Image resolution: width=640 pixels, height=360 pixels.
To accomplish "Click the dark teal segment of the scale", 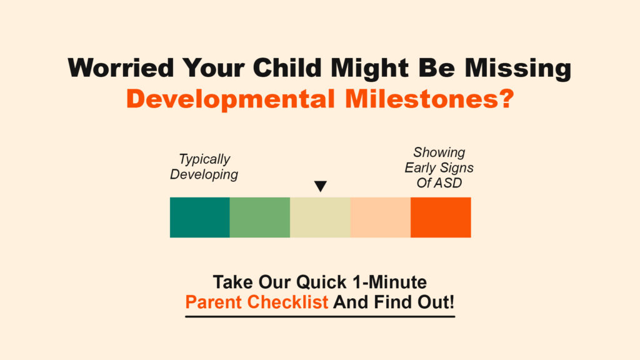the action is [x=199, y=217].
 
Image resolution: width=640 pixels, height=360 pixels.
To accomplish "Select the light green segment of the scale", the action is [x=260, y=217].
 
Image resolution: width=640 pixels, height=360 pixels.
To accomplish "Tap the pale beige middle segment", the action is [x=321, y=217].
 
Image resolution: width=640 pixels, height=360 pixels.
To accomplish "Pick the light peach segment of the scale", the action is [x=381, y=217].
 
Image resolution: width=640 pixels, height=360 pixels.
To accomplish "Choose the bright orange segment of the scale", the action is [x=441, y=217].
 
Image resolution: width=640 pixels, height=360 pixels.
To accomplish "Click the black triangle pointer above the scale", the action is [x=321, y=186].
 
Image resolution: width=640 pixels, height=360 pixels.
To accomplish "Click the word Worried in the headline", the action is [x=121, y=67].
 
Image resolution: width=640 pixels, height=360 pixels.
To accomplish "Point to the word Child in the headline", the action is [x=287, y=67].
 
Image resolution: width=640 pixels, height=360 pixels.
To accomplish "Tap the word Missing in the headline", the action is [x=518, y=69].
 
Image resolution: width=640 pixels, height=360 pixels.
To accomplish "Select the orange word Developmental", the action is [x=231, y=99].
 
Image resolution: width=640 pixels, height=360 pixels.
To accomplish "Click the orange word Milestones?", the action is [x=429, y=99].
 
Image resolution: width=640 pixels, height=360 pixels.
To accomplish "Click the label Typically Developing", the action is [x=204, y=167].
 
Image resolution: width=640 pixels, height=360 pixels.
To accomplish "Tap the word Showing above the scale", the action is [x=439, y=152].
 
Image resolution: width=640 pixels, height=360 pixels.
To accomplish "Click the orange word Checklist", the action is [x=287, y=302].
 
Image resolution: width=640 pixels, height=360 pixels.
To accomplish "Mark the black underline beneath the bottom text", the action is [x=320, y=316].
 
